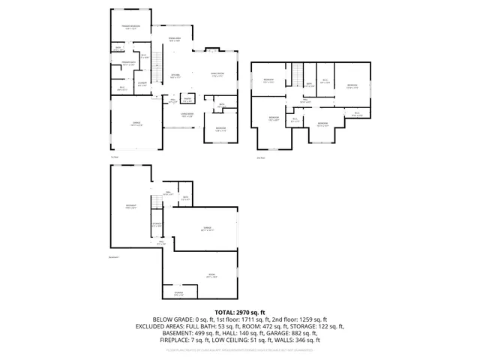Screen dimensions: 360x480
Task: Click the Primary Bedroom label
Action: [x=131, y=27]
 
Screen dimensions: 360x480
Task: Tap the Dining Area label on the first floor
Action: [x=174, y=39]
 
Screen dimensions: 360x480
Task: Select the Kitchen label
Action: [x=175, y=76]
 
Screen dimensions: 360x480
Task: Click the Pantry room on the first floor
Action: [x=187, y=99]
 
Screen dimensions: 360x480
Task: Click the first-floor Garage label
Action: [x=137, y=124]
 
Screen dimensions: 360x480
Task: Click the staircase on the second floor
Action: [x=298, y=76]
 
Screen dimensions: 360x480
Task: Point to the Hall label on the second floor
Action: [x=306, y=100]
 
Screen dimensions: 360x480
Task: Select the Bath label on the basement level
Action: [x=185, y=199]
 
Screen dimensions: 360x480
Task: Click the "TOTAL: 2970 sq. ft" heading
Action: [x=240, y=312]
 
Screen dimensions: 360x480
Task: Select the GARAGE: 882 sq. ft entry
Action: [x=319, y=333]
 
